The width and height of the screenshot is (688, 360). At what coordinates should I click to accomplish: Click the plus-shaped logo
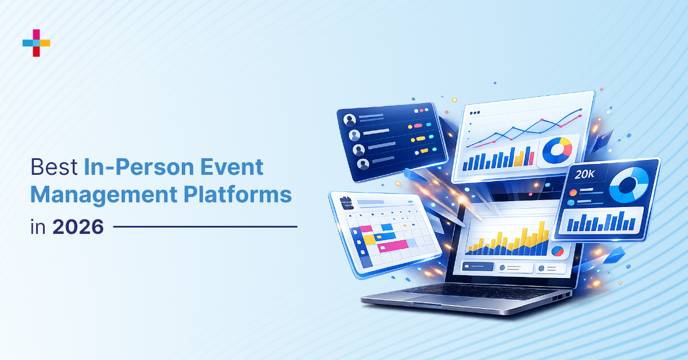[x=36, y=43]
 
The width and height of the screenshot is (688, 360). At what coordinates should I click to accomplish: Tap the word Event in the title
[x=238, y=167]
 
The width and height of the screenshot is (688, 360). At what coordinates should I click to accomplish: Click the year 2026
[x=78, y=227]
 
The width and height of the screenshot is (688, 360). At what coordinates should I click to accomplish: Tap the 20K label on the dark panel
[x=584, y=175]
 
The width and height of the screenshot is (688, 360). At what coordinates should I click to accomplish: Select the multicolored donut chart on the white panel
[x=557, y=150]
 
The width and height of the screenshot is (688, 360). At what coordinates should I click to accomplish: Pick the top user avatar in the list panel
[x=350, y=120]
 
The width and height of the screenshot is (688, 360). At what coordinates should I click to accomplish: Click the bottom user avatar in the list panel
[x=363, y=164]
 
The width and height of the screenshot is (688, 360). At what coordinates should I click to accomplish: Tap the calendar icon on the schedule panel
[x=345, y=202]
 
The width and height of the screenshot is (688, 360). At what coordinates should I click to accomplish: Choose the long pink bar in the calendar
[x=392, y=246]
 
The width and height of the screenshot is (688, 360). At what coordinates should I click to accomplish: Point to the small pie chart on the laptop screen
[x=557, y=251]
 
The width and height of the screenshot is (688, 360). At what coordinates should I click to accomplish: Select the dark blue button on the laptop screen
[x=478, y=267]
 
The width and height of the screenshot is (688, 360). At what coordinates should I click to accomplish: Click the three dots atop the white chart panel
[x=475, y=113]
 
